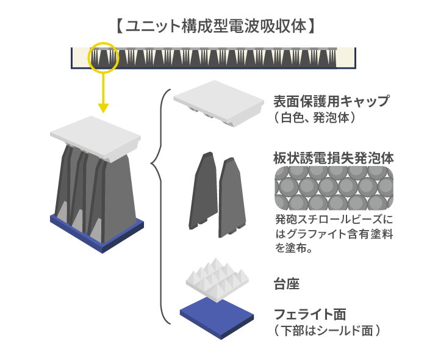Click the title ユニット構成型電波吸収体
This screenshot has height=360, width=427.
click(x=216, y=26)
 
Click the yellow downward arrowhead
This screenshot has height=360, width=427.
click(x=103, y=108)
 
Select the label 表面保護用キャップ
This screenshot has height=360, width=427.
click(x=331, y=101)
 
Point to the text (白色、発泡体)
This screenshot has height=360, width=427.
click(x=315, y=118)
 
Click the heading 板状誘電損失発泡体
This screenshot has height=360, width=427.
click(x=333, y=158)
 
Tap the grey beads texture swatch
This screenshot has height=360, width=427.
click(x=334, y=188)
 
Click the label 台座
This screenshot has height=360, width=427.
click(x=287, y=284)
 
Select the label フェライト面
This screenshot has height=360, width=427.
click(x=310, y=314)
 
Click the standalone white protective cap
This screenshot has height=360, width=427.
click(x=218, y=103)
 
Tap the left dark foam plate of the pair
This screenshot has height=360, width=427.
click(x=203, y=190)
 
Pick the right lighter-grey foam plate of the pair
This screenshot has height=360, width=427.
click(x=232, y=198)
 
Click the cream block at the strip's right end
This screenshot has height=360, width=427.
click(x=346, y=58)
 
